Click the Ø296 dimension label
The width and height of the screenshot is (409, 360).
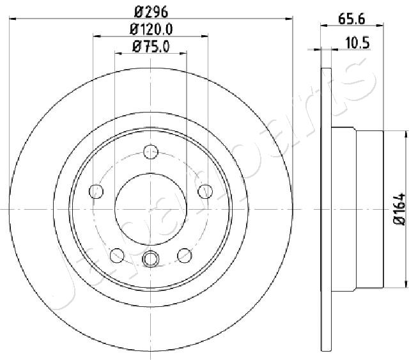click(x=151, y=12)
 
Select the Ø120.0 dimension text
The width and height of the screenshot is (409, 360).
click(x=151, y=29)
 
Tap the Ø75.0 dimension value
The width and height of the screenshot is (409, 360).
click(x=151, y=47)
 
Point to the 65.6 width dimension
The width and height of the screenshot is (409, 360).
click(x=351, y=19)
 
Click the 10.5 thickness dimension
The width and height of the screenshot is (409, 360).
click(x=358, y=43)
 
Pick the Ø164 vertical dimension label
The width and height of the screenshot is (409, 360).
click(x=399, y=209)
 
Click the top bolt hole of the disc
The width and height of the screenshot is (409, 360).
click(x=151, y=152)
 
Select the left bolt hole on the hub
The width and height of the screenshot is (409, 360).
click(x=96, y=191)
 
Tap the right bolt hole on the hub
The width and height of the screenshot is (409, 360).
click(x=205, y=191)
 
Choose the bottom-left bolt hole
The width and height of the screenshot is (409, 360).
click(x=117, y=255)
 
